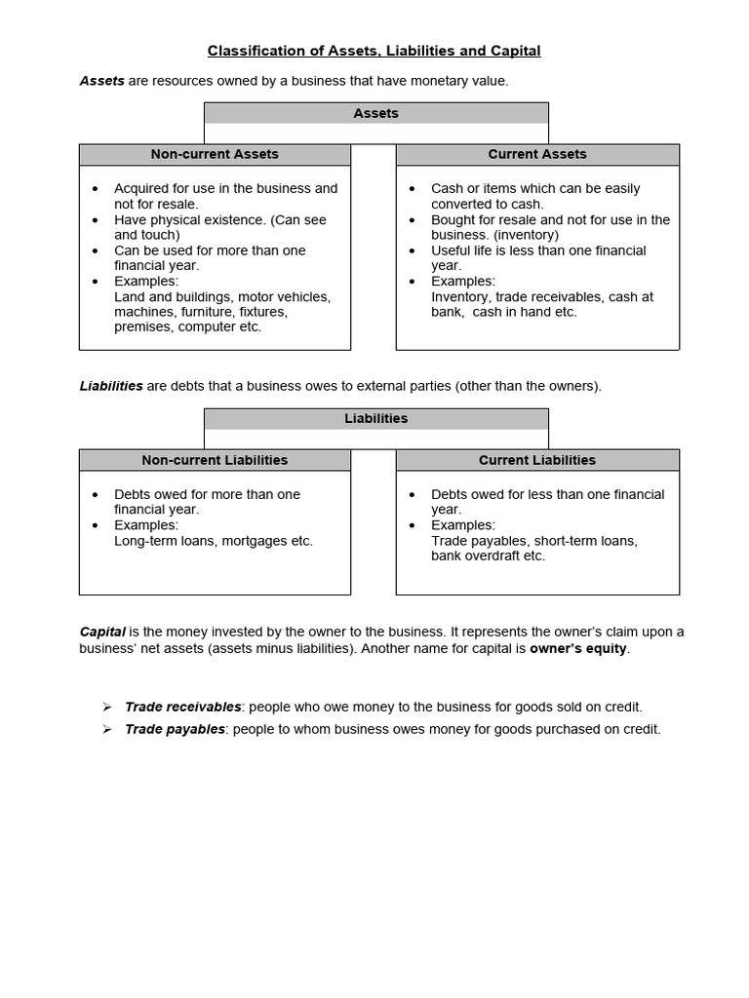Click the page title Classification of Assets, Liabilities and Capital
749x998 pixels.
tap(374, 51)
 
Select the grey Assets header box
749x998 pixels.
tap(375, 114)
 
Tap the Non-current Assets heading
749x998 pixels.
tap(215, 154)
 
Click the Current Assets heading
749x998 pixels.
tap(537, 154)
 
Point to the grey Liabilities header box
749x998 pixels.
tap(375, 419)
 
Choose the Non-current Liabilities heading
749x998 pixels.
tap(215, 460)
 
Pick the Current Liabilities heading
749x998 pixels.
tap(537, 460)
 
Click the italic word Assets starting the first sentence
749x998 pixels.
tap(101, 81)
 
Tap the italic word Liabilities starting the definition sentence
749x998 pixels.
tap(110, 386)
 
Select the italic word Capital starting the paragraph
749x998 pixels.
tap(102, 632)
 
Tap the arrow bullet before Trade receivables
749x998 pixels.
tap(107, 707)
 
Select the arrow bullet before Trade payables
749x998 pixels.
tap(107, 729)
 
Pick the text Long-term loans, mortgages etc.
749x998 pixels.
tap(214, 541)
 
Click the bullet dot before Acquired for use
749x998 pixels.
tap(95, 189)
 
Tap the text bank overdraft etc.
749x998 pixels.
tap(489, 557)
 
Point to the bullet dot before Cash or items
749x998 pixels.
tap(412, 189)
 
